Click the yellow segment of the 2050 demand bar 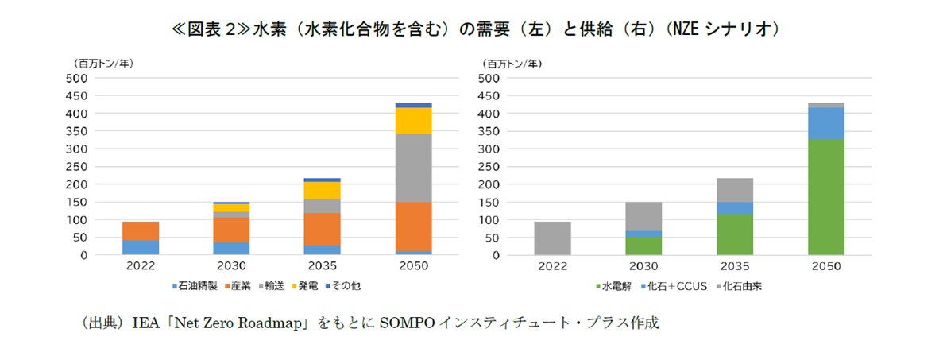(413, 121)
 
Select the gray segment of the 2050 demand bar (413, 168)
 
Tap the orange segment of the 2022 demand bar (141, 230)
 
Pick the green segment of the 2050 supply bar (826, 197)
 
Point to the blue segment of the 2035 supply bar (735, 208)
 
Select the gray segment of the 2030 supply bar (643, 216)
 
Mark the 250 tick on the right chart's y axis (490, 167)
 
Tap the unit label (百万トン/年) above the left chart (103, 63)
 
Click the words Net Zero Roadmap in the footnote (254, 324)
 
